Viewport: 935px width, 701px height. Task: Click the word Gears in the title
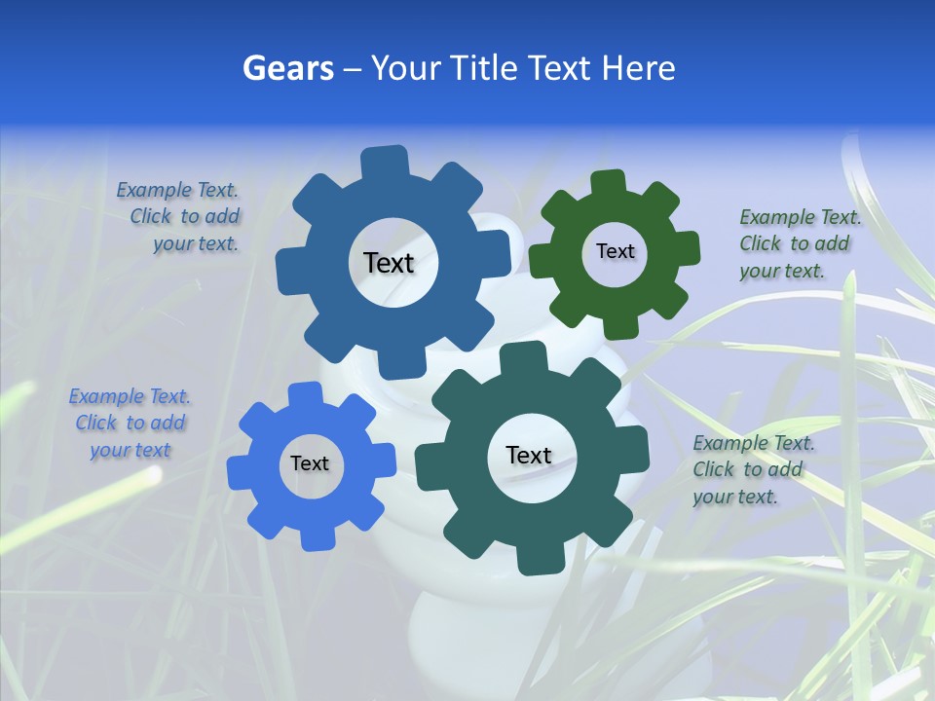click(x=288, y=68)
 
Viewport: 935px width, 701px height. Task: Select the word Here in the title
click(x=638, y=68)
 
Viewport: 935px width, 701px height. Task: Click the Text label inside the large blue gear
click(x=389, y=263)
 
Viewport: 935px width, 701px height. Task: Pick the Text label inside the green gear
click(x=615, y=251)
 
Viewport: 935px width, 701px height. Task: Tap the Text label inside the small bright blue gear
click(x=310, y=463)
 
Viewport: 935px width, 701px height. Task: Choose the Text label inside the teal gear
click(x=529, y=455)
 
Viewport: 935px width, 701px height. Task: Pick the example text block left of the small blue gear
click(x=130, y=423)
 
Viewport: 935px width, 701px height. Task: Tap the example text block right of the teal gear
click(x=750, y=469)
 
